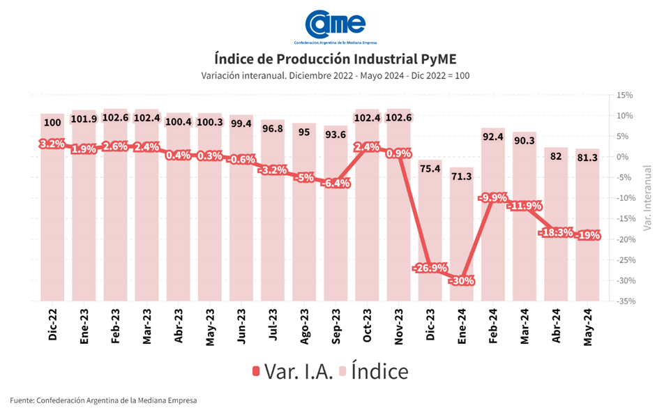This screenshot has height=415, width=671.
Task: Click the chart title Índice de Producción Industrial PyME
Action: pyautogui.click(x=335, y=58)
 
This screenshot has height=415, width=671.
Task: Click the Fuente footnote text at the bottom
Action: pyautogui.click(x=103, y=400)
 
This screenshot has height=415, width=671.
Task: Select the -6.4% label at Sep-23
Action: pyautogui.click(x=336, y=183)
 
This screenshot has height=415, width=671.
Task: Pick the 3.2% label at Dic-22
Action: pyautogui.click(x=52, y=144)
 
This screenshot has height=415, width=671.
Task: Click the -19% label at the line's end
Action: pyautogui.click(x=589, y=235)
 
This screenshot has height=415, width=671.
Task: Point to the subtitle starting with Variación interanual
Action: pyautogui.click(x=335, y=75)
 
